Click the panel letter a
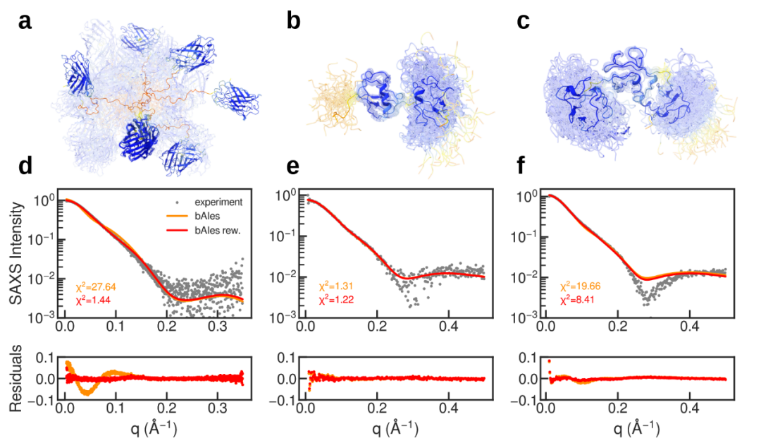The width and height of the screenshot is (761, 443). [25, 22]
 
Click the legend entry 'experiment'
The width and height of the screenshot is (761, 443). [215, 202]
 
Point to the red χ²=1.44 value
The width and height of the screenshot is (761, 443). [95, 301]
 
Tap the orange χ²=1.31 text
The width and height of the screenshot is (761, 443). [336, 288]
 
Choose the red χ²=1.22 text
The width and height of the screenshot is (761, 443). [336, 301]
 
